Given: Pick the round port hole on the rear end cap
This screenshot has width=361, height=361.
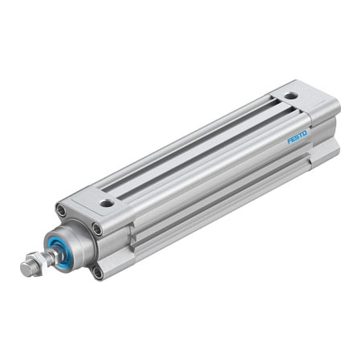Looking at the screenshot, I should coord(290,97).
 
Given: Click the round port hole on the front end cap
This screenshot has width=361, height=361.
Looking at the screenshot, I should coord(106,204).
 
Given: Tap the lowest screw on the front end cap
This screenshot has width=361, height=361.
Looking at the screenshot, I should coord(97,273).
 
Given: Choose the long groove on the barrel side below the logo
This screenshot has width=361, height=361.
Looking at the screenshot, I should coord(225,193).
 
